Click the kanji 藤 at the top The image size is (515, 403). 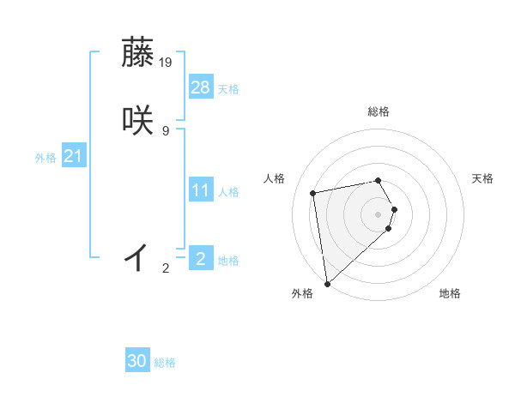tap(139, 53)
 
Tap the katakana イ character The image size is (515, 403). tap(137, 256)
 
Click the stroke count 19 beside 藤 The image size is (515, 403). tap(167, 62)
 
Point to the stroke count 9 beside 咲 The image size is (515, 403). tap(165, 130)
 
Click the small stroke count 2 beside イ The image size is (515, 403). tap(166, 268)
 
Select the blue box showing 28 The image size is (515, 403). tap(201, 87)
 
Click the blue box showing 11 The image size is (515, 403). tap(201, 190)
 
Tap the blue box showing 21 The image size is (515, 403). tap(73, 156)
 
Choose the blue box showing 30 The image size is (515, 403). tap(137, 361)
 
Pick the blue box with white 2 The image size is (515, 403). tap(201, 258)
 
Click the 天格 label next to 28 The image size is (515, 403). tap(228, 89)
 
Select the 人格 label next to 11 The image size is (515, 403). tap(228, 192)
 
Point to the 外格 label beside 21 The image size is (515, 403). tap(45, 158)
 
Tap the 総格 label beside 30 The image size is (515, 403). tap(165, 363)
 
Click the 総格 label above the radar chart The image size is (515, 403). tap(378, 111)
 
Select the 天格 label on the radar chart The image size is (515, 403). tap(482, 178)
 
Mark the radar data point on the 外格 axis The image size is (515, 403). tap(326, 283)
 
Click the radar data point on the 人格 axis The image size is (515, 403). tap(313, 192)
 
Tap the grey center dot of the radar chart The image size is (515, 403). tap(378, 213)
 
